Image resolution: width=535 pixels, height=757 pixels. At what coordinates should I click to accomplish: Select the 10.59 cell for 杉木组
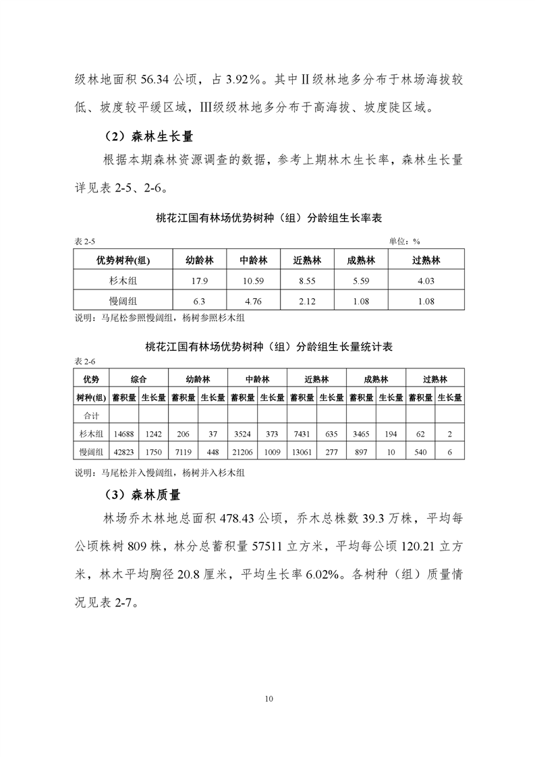point(254,281)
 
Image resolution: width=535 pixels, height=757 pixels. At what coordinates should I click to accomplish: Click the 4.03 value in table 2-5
point(426,281)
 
